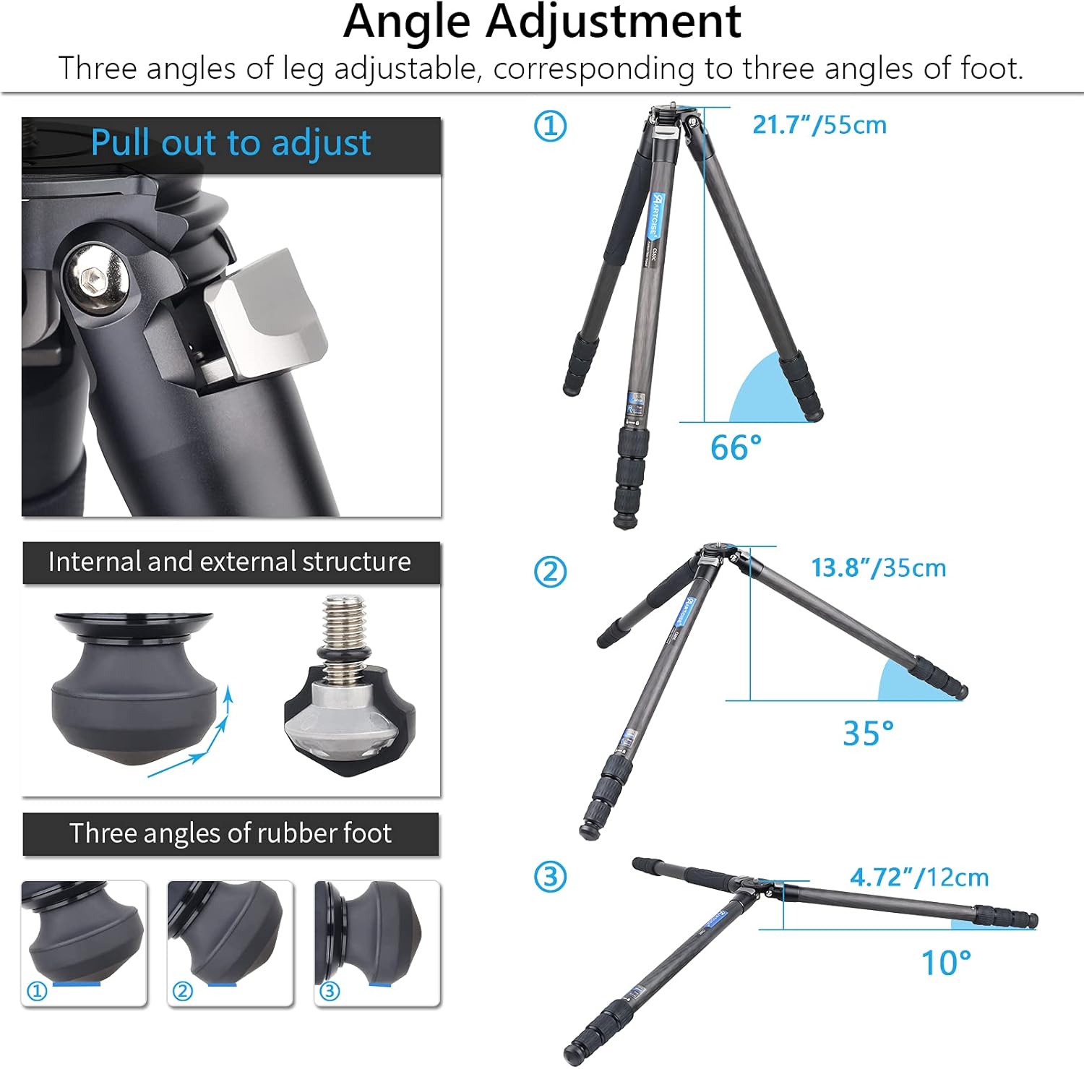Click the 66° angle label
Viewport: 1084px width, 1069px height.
point(736,447)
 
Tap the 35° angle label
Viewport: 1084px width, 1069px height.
point(868,733)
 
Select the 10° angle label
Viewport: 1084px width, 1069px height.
point(945,963)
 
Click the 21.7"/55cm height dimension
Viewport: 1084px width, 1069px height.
point(820,125)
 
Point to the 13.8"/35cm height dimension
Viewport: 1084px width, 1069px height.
point(878,568)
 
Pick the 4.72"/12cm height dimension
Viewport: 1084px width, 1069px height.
point(919,877)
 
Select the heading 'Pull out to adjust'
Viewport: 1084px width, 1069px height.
point(231,143)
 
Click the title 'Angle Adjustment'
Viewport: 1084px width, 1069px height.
point(542,22)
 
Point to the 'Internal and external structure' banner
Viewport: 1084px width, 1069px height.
point(230,562)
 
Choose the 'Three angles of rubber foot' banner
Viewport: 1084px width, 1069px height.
point(231,833)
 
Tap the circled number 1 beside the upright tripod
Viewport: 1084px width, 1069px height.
point(550,126)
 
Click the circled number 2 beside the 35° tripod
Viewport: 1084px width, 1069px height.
point(550,572)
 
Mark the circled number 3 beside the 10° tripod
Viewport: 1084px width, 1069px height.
point(550,877)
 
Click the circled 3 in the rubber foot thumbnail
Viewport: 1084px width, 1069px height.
point(330,991)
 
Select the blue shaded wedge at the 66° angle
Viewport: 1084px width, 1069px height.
point(766,394)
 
